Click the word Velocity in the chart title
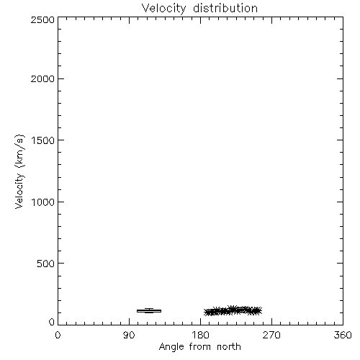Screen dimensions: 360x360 163,9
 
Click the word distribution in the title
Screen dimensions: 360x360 225,8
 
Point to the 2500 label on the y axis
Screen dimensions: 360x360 42,19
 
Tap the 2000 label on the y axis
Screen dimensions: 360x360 42,78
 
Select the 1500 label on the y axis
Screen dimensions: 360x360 43,140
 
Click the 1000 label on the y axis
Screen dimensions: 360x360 43,202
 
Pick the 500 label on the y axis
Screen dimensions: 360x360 46,264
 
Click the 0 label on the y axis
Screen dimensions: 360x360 52,322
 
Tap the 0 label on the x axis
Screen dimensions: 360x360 58,335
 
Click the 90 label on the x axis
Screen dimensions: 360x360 129,335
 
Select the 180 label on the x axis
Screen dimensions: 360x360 200,335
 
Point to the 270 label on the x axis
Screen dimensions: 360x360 271,335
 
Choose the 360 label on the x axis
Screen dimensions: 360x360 343,335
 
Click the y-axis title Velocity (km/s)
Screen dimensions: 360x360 19,171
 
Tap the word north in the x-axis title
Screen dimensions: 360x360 229,347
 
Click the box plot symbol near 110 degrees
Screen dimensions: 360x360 149,311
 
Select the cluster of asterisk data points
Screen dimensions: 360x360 233,311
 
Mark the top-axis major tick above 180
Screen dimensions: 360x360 200,20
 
